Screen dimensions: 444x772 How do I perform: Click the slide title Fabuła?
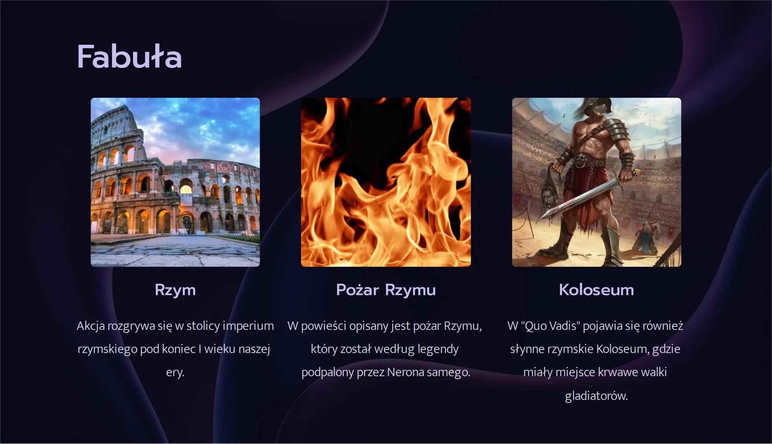[129, 57]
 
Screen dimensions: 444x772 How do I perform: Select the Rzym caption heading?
[175, 290]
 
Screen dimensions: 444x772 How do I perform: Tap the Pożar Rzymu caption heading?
[386, 290]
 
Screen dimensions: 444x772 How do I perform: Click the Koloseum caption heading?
[596, 290]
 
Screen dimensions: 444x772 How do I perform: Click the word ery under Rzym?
[175, 372]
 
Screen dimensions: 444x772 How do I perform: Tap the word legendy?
[438, 349]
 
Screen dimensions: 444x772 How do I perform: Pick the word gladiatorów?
[596, 396]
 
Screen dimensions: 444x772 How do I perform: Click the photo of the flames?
[386, 182]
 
